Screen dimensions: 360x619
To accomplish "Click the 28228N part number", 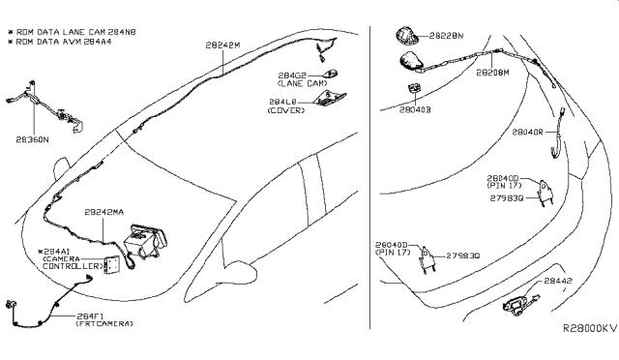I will (445, 36).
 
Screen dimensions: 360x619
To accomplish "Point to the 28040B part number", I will (414, 108).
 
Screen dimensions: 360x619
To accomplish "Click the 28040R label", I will (529, 131).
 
